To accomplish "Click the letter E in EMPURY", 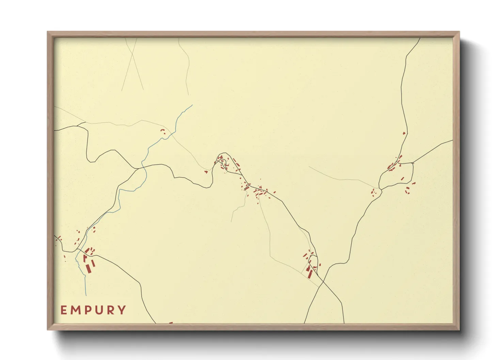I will [64, 310].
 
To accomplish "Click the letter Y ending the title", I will [121, 310].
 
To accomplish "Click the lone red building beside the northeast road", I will [404, 133].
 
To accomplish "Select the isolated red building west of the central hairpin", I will [206, 172].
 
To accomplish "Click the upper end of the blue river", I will [192, 105].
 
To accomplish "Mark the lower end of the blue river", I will [86, 295].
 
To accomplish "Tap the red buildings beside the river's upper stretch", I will [163, 131].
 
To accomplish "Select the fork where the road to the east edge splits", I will [413, 163].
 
